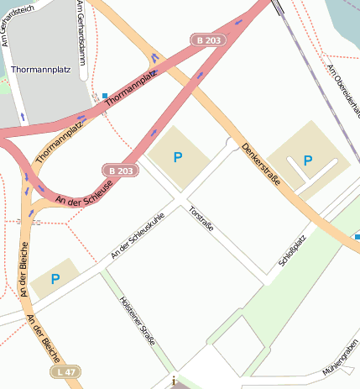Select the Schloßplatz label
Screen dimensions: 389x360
293,251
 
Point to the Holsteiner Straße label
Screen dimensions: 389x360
137,318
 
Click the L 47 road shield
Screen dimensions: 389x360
68,371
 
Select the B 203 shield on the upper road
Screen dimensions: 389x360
210,40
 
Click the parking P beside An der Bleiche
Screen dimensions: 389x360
55,279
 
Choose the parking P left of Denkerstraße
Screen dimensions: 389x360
177,157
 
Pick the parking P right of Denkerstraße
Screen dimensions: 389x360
307,160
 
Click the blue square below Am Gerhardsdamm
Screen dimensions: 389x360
105,96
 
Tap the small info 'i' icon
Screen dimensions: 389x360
174,381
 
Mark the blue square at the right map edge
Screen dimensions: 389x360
357,237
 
